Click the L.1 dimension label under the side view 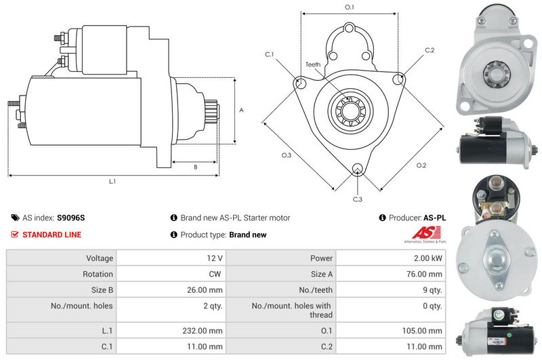click(112, 181)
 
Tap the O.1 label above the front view click(350, 7)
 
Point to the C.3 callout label click(358, 199)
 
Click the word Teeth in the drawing click(313, 64)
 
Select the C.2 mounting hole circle click(398, 79)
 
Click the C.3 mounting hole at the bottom click(358, 169)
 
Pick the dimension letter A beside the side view click(241, 110)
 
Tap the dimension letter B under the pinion click(196, 167)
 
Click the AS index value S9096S click(71, 218)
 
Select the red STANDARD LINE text click(52, 235)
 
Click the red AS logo click(426, 233)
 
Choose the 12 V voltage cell click(215, 258)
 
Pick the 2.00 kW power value click(428, 258)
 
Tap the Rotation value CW click(215, 274)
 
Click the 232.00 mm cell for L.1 click(203, 331)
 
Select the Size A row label click(321, 274)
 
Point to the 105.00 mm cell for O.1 click(422, 331)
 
